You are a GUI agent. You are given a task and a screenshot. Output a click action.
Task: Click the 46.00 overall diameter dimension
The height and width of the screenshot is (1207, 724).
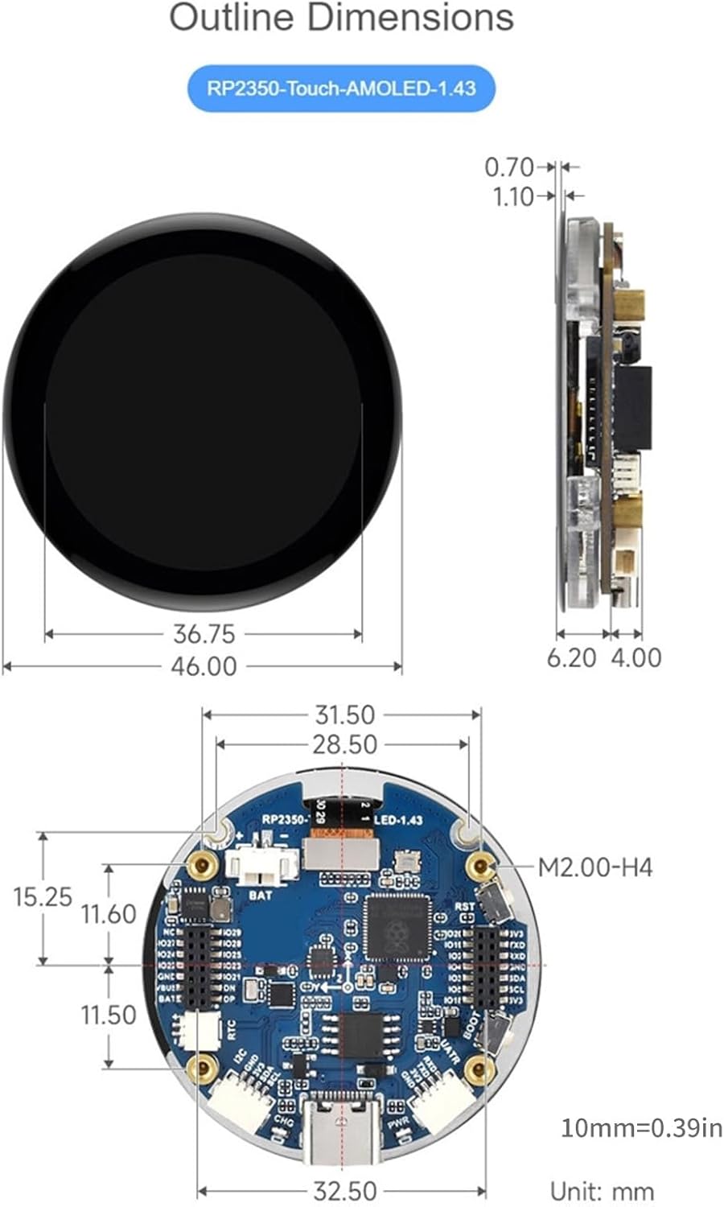tap(204, 666)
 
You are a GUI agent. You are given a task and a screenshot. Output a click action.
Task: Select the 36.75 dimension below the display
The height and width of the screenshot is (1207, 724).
tap(204, 634)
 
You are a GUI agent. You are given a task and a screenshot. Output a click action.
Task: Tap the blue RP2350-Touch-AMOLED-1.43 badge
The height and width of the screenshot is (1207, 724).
tap(341, 88)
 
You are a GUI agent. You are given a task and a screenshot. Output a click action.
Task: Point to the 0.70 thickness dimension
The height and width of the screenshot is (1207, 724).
tap(508, 167)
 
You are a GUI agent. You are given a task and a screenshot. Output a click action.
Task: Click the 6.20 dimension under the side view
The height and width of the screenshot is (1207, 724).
tap(571, 657)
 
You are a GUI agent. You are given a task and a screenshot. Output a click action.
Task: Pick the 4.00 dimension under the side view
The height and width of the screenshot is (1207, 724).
tap(636, 657)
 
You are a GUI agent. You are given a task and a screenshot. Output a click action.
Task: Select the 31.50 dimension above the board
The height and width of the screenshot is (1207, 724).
tap(344, 715)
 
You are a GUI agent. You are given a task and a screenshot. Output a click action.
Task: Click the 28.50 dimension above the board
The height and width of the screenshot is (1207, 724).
tap(344, 745)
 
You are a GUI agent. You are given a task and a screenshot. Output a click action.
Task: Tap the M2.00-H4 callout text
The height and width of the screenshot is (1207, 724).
tap(594, 867)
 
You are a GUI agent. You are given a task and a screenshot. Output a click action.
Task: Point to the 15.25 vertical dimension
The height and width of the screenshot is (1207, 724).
tap(43, 896)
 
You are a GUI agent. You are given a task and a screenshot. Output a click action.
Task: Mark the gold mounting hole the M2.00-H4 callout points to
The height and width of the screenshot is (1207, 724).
tap(481, 867)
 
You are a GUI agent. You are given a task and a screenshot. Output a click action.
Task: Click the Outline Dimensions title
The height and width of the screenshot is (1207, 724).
tap(341, 18)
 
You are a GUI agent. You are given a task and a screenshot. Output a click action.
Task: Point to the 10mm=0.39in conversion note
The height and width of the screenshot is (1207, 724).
tap(641, 1127)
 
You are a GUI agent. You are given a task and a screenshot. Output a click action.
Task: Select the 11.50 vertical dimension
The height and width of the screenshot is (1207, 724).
tap(108, 1015)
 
